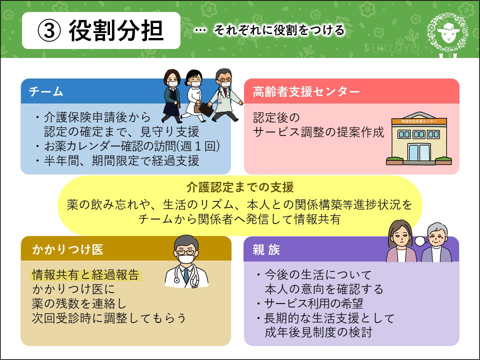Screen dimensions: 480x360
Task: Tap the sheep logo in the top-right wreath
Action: [448, 32]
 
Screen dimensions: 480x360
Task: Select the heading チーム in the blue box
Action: [46, 91]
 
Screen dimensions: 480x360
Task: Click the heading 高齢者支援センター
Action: [306, 91]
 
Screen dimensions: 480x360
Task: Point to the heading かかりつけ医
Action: [67, 249]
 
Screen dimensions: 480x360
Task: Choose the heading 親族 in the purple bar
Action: [266, 250]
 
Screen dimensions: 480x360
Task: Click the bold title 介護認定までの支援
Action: [240, 187]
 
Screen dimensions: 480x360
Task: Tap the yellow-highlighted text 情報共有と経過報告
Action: [86, 275]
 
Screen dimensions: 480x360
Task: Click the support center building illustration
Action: [419, 138]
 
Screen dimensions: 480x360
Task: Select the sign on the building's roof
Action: [419, 121]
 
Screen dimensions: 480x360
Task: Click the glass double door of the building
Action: [419, 152]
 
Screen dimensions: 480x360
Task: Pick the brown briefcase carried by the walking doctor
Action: [206, 110]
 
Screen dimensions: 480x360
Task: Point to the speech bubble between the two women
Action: [420, 241]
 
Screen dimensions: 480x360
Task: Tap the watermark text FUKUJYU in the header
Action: [391, 48]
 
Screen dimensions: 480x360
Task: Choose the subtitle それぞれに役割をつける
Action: [279, 30]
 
